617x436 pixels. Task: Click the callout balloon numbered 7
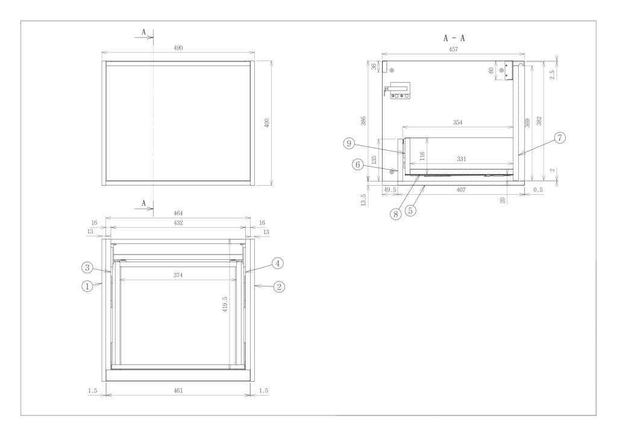click(560, 138)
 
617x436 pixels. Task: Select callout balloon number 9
click(349, 144)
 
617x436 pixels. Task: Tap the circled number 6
click(358, 164)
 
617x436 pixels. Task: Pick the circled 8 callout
click(396, 214)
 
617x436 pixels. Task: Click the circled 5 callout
click(410, 210)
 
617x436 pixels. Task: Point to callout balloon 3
click(87, 268)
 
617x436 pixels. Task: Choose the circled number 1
click(87, 286)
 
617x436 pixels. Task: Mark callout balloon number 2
click(278, 286)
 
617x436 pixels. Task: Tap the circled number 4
click(277, 263)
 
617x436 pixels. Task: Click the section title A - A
click(454, 38)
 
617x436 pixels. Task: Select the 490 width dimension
click(178, 48)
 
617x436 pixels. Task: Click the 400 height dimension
click(267, 123)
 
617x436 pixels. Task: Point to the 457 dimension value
click(453, 49)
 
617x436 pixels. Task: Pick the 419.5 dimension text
click(225, 304)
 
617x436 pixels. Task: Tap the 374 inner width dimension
click(178, 276)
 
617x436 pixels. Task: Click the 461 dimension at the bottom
click(178, 391)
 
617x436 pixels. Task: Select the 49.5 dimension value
click(390, 190)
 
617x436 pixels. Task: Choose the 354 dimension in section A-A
click(457, 122)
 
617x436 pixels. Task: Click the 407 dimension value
click(461, 190)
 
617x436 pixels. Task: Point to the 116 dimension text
click(422, 156)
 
